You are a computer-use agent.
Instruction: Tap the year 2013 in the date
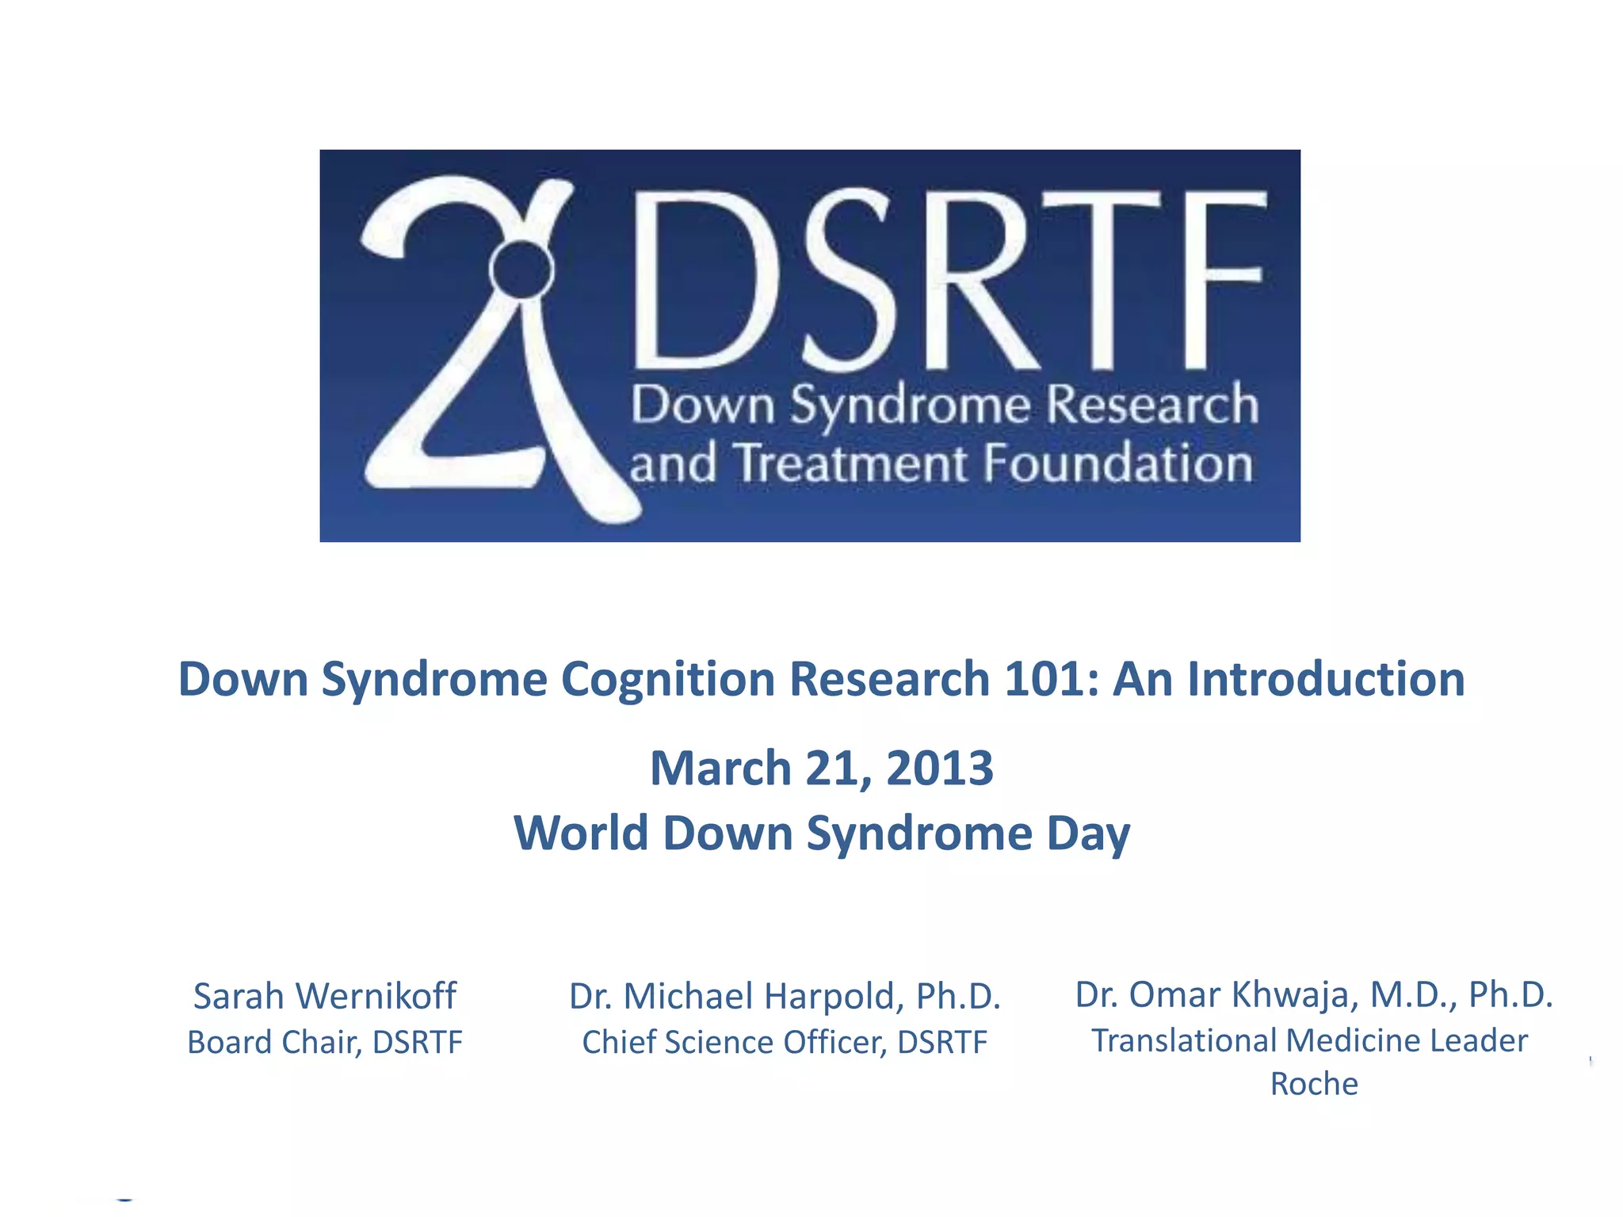(939, 769)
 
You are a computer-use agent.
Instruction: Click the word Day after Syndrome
(1088, 835)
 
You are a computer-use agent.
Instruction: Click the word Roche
(1313, 1084)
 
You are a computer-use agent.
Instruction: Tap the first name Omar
(1166, 995)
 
